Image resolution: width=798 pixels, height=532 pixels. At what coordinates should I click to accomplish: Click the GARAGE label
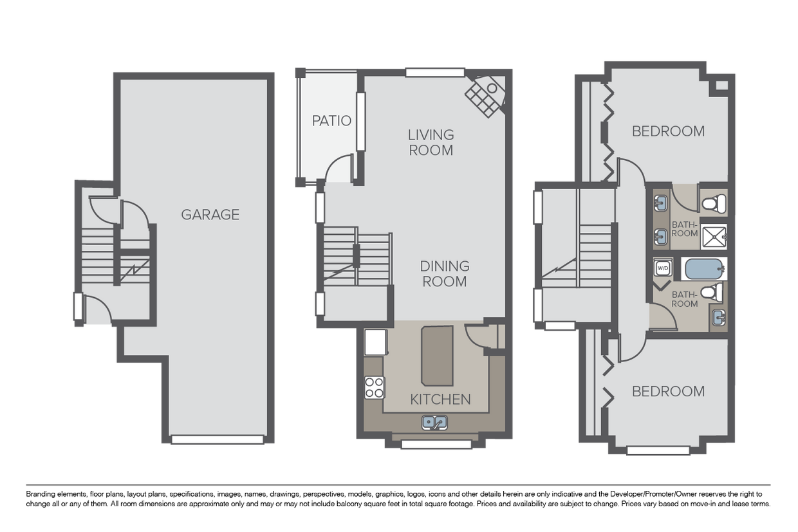(x=210, y=215)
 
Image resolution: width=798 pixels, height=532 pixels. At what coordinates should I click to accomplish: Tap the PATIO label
(x=331, y=121)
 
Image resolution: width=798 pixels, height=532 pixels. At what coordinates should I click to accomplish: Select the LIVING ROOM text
(x=431, y=143)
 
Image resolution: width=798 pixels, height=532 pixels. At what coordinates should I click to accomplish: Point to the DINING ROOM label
(x=444, y=273)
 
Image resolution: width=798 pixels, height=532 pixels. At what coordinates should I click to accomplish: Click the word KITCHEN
(x=440, y=399)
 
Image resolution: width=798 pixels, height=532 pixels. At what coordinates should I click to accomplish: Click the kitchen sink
(x=434, y=423)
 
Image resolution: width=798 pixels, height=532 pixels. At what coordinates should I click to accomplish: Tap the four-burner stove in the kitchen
(x=375, y=388)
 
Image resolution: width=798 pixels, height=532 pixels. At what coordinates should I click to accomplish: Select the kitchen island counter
(x=437, y=354)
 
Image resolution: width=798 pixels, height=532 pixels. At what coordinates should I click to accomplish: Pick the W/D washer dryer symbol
(x=662, y=267)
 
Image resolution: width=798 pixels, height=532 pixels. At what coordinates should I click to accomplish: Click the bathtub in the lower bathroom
(x=705, y=269)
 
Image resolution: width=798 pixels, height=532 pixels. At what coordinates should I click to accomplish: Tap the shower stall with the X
(x=713, y=236)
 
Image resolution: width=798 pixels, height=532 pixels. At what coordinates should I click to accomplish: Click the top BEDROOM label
(x=668, y=131)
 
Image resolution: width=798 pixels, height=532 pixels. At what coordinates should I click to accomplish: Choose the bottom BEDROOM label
(x=668, y=391)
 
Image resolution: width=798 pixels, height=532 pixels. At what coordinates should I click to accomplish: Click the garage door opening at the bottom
(x=218, y=440)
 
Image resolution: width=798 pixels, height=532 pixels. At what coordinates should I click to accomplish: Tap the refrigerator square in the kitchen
(x=375, y=342)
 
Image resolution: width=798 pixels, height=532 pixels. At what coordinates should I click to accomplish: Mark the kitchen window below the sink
(x=436, y=444)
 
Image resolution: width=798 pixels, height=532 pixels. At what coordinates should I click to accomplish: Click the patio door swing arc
(x=337, y=169)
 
